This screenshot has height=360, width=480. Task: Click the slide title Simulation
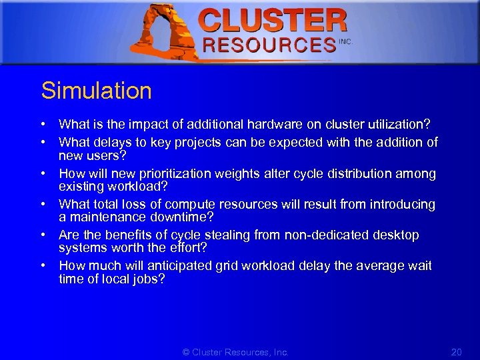97,91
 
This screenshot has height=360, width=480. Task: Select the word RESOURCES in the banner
269,45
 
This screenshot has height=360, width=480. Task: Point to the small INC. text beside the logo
345,41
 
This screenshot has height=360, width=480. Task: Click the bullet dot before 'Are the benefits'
43,235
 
